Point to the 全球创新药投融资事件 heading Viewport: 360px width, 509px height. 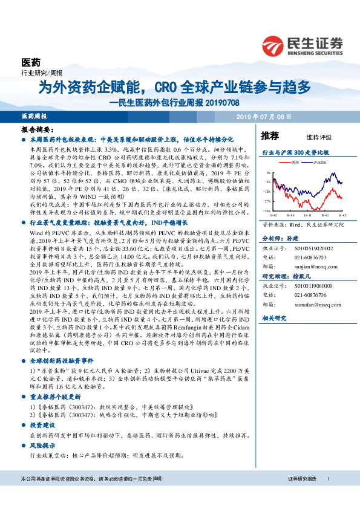click(x=54, y=358)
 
